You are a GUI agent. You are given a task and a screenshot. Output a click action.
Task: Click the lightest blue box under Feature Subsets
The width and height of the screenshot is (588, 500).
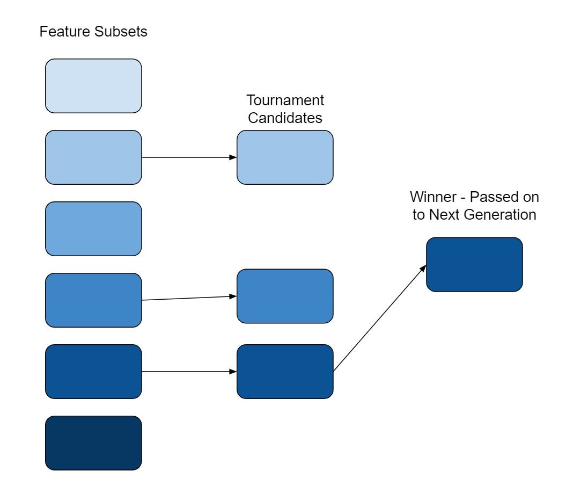click(93, 86)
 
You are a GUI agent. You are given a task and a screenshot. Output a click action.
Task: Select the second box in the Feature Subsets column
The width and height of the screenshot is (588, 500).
click(93, 157)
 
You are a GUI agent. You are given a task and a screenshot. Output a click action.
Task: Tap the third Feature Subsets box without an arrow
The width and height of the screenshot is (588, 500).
click(93, 229)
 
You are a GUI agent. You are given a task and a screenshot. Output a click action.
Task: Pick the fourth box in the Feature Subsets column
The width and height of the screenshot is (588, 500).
click(93, 300)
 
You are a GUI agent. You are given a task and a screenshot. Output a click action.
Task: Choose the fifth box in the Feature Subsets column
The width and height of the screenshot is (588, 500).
click(93, 372)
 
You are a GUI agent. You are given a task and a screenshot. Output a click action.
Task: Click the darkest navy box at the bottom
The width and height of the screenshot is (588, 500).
click(93, 443)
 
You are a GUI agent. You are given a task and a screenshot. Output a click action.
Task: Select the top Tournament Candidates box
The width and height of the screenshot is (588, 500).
click(285, 157)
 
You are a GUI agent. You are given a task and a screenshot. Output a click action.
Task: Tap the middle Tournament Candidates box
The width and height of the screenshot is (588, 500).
click(285, 296)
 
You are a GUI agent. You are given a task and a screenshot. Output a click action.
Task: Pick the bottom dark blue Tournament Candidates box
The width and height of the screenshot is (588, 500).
click(285, 372)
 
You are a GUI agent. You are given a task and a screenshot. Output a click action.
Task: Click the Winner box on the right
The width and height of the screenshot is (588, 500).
click(474, 264)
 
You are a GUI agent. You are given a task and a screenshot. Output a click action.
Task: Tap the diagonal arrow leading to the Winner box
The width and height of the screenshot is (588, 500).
click(380, 318)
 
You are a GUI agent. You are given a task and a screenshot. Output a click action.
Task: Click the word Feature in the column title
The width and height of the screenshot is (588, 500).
click(60, 32)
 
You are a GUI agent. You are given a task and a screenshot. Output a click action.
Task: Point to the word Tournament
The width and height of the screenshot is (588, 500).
click(285, 100)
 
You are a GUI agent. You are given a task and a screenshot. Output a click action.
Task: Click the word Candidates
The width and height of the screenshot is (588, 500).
click(285, 118)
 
